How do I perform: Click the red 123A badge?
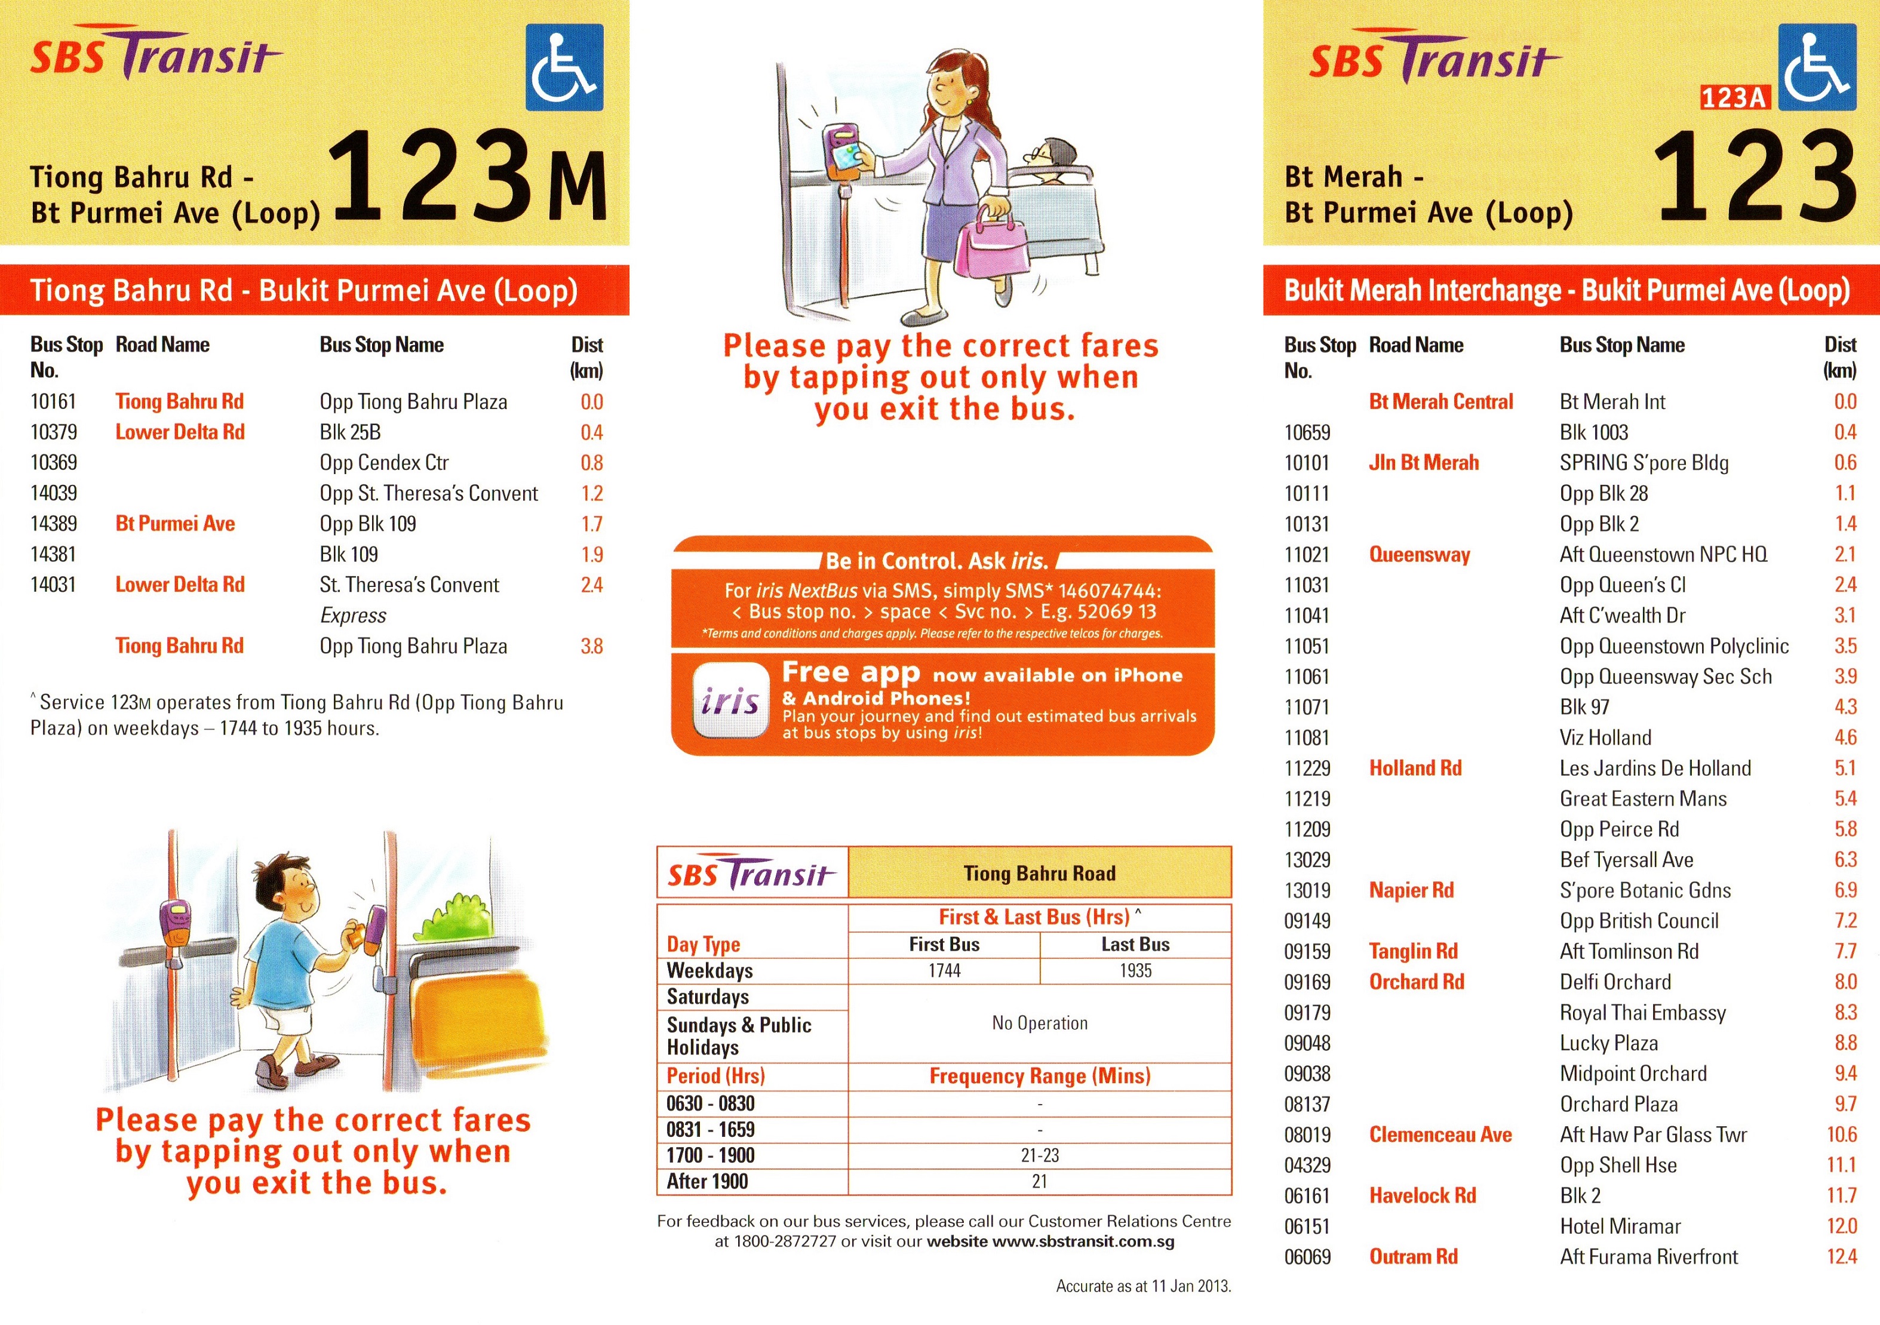point(1735,97)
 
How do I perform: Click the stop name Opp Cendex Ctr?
point(384,463)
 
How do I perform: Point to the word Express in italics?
point(353,616)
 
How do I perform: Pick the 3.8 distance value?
point(591,646)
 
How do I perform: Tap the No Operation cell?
point(1039,1023)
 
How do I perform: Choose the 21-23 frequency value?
point(1039,1155)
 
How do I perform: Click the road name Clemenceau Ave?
point(1440,1135)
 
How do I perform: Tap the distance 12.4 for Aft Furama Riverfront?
point(1842,1257)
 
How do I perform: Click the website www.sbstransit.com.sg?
point(1083,1241)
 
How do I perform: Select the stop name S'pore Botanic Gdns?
point(1645,890)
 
